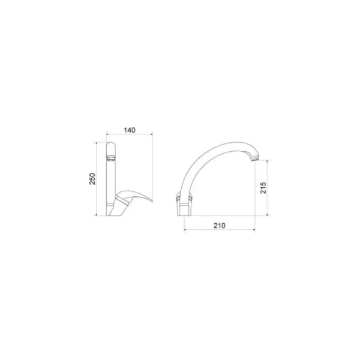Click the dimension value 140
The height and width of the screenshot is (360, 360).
tap(130, 130)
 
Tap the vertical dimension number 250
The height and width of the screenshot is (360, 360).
tap(92, 179)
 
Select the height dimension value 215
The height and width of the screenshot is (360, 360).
tap(263, 188)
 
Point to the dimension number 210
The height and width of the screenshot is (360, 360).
tap(220, 226)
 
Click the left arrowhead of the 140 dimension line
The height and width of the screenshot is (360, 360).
tap(107, 134)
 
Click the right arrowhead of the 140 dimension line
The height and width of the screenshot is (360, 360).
tap(151, 134)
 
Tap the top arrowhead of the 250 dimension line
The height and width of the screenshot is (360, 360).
tap(97, 143)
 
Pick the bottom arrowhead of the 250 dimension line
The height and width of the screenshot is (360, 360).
tap(97, 214)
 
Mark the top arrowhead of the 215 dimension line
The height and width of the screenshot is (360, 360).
tap(267, 162)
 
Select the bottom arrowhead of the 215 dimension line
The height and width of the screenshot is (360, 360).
tap(267, 214)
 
